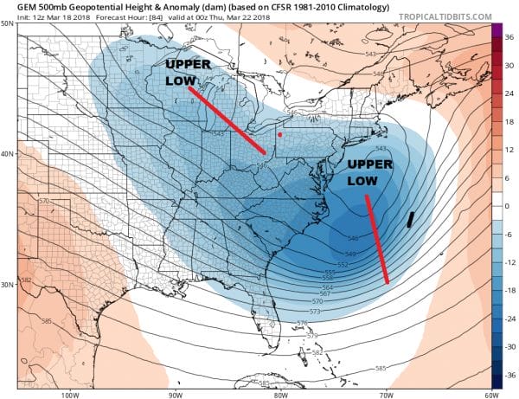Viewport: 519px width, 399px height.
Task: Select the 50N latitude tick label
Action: pyautogui.click(x=8, y=23)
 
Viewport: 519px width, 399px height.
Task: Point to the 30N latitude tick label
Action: pyautogui.click(x=8, y=284)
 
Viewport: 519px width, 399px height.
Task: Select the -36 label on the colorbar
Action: pyautogui.click(x=509, y=375)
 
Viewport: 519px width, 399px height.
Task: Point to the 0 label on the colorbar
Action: pyautogui.click(x=508, y=206)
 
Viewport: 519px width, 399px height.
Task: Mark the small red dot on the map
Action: pyautogui.click(x=279, y=135)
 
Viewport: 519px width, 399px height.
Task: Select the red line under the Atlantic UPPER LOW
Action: pyautogui.click(x=377, y=240)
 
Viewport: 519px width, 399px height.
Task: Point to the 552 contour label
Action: pyautogui.click(x=342, y=264)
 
